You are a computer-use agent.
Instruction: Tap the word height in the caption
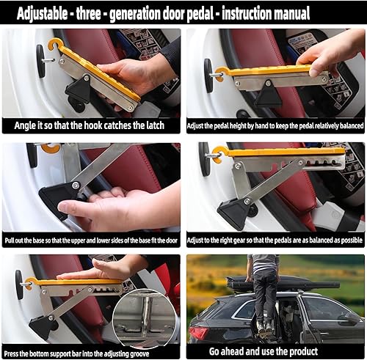point(257,125)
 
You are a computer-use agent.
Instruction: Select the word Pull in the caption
point(12,239)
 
